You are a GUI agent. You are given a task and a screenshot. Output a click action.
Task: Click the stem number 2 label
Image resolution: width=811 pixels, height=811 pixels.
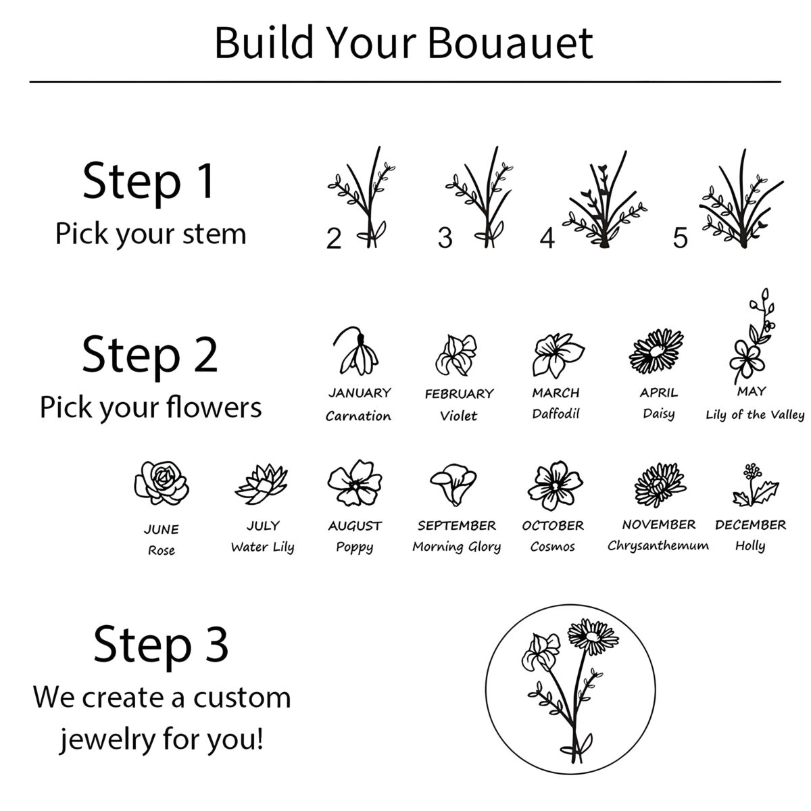334,238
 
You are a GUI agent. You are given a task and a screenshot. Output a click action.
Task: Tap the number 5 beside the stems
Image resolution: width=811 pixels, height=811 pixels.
680,238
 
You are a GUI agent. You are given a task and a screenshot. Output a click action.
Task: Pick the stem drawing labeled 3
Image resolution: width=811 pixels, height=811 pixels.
480,197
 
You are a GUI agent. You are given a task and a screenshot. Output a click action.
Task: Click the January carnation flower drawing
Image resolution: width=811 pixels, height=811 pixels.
356,351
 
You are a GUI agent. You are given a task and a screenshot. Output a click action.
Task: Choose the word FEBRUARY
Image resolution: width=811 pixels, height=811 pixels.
459,394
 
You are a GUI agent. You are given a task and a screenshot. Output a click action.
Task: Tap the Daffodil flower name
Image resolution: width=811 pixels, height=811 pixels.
556,414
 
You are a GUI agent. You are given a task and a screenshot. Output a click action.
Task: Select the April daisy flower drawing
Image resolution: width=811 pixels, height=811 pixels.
656,351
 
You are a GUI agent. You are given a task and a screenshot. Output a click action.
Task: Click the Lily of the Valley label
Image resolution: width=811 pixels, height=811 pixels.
755,415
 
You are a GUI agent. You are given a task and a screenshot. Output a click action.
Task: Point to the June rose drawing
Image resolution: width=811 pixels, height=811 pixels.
162,483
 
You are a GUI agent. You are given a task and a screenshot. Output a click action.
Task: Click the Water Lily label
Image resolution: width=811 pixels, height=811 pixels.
263,547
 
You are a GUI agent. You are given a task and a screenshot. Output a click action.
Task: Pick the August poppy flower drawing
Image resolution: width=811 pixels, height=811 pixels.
355,483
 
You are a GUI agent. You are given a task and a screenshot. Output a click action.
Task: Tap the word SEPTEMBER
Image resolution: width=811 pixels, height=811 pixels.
457,526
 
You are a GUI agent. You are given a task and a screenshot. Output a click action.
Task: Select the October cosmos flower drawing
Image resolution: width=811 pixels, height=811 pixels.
555,485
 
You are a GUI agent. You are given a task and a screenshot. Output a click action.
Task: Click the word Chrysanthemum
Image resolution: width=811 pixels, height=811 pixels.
658,546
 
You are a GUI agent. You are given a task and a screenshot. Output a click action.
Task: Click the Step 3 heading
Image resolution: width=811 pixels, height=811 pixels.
161,645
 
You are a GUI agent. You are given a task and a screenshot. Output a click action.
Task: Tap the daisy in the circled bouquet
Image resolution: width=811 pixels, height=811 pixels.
593,636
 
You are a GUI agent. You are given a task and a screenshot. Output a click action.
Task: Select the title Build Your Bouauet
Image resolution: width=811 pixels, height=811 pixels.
404,43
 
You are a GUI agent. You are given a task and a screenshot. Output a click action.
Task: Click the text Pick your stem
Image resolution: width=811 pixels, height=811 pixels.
151,235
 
